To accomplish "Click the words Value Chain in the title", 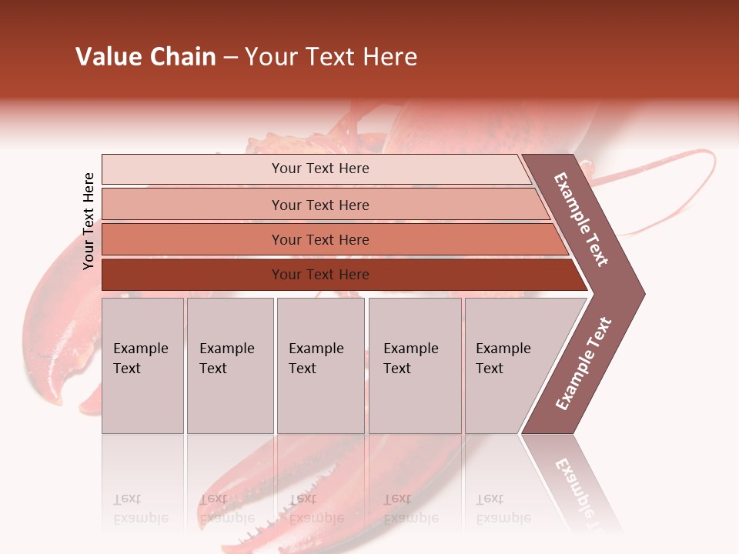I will [145, 57].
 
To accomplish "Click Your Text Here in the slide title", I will [331, 57].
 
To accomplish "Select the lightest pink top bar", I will [319, 169].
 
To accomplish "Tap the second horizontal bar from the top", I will [319, 205].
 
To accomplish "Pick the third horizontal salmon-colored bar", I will [319, 239].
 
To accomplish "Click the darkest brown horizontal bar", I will [319, 275].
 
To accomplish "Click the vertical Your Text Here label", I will [89, 221].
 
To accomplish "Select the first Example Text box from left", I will [142, 365].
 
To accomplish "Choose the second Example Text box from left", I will [229, 365].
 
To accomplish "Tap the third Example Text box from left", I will [319, 365].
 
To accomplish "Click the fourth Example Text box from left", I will [414, 365].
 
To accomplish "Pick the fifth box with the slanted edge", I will [508, 365].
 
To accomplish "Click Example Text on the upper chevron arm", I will [581, 219].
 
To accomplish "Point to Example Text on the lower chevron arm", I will [584, 363].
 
